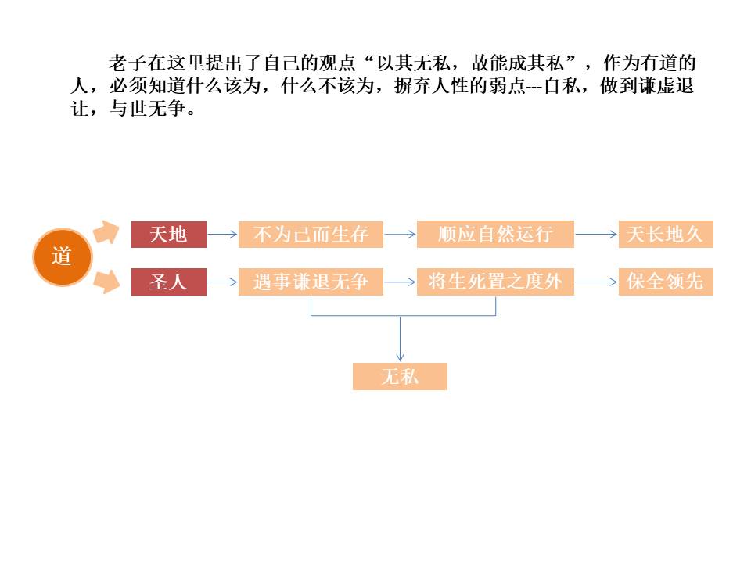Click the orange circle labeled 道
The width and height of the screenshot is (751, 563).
pos(63,256)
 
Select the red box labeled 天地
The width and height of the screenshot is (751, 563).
pos(168,234)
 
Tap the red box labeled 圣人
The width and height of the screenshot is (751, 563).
pos(168,281)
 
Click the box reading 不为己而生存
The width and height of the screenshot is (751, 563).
pos(311,234)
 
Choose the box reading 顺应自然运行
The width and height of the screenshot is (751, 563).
pos(495,234)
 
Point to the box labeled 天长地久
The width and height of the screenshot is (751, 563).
pos(666,234)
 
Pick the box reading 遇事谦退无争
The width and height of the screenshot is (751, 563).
pos(311,281)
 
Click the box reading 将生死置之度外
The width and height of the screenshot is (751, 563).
pos(495,281)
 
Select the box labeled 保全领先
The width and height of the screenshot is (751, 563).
pos(666,281)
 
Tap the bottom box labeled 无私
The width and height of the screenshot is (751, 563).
pos(400,376)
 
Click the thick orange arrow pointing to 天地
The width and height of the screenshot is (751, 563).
pos(104,231)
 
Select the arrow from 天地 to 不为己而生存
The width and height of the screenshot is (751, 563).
pos(222,234)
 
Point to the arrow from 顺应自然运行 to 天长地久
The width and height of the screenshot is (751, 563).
pos(596,234)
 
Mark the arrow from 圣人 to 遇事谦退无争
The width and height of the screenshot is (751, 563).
pos(222,281)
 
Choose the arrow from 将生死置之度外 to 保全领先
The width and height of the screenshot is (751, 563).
pos(596,281)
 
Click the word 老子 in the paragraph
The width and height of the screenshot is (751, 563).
pos(122,64)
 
